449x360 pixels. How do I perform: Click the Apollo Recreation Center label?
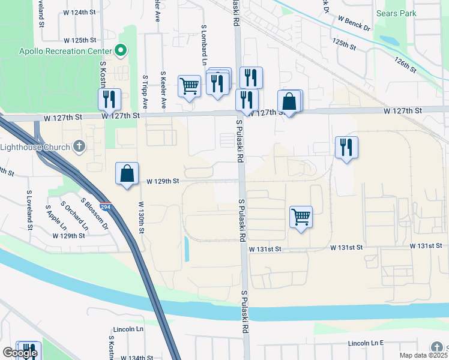[65, 51]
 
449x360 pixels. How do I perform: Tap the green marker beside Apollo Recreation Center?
[122, 51]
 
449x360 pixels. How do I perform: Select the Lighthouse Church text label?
[35, 146]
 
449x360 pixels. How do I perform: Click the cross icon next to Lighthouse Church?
[79, 146]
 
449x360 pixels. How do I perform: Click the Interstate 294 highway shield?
[106, 206]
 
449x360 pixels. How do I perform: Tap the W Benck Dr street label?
[354, 23]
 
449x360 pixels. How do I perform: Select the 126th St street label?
[406, 64]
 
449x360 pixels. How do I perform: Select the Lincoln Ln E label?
[366, 343]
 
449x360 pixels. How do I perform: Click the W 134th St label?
[137, 358]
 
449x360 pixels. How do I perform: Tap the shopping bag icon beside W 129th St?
[127, 174]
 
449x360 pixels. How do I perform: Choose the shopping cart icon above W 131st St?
[301, 217]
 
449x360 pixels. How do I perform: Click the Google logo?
[20, 353]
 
